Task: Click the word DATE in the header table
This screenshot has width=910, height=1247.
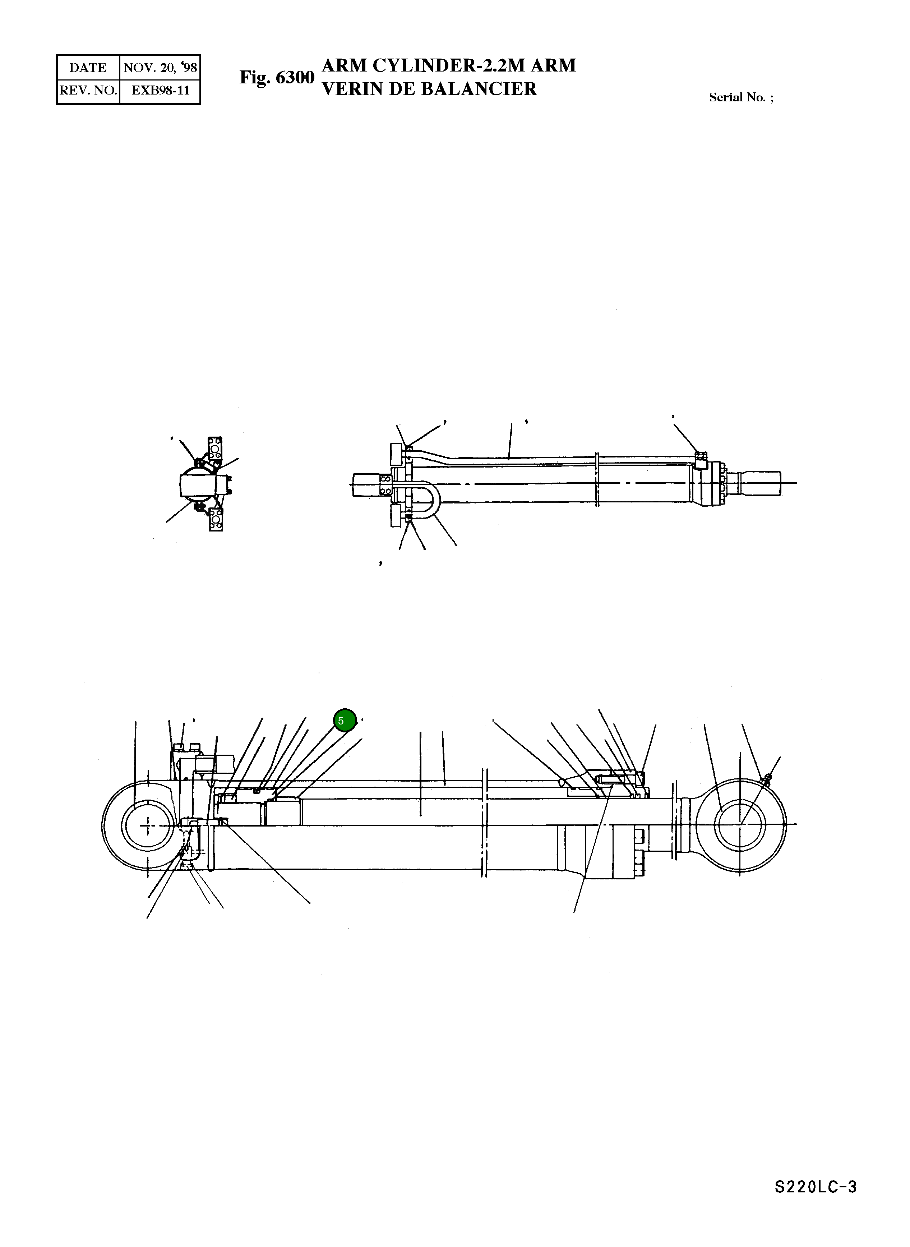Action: click(x=88, y=67)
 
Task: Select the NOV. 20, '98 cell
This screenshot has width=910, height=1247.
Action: click(x=160, y=67)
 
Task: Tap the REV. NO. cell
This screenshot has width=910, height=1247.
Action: click(x=88, y=90)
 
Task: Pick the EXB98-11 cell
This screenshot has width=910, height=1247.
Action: click(x=160, y=90)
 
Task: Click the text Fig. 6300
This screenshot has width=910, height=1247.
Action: click(x=277, y=78)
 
